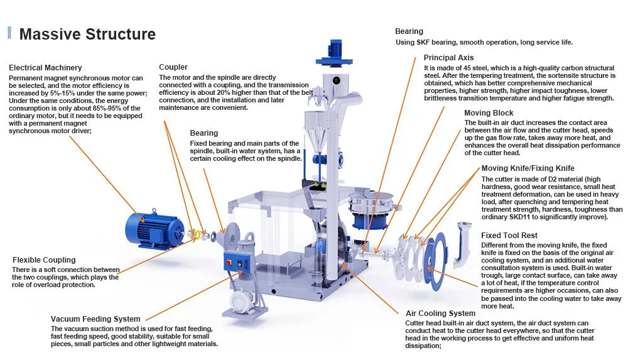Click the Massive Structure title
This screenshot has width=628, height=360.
87,34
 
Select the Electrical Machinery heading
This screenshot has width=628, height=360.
45,67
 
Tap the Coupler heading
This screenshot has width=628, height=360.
173,67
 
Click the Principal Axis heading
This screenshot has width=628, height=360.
449,58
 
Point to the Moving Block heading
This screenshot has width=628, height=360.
489,113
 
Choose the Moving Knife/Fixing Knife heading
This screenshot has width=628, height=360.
528,168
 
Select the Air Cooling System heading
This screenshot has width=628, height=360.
440,314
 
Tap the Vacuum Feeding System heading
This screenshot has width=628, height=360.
95,319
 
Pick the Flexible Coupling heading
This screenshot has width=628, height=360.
44,260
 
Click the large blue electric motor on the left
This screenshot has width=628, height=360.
150,227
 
